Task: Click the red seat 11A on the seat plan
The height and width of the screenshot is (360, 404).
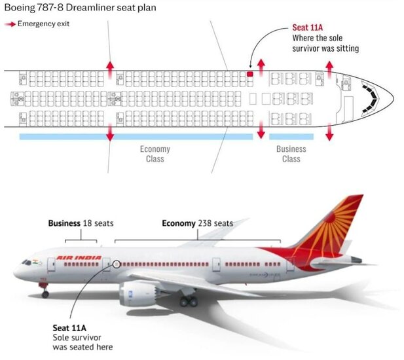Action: (x=249, y=75)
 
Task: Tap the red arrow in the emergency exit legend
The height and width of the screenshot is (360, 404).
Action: (x=10, y=24)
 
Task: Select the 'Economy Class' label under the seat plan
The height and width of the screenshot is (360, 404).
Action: (x=155, y=154)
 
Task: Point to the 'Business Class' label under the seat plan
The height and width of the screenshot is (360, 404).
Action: (x=291, y=154)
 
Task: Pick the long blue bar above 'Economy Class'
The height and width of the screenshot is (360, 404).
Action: (x=136, y=137)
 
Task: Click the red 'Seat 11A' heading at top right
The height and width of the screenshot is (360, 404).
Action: (x=308, y=29)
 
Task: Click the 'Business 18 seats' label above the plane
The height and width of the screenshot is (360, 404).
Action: (x=81, y=223)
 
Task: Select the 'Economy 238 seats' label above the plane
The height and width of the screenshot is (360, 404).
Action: (x=197, y=223)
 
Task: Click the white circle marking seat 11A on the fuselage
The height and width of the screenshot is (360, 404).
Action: (x=116, y=264)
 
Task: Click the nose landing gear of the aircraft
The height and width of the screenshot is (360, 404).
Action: (x=45, y=292)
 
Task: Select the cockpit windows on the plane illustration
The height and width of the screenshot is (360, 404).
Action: (x=27, y=262)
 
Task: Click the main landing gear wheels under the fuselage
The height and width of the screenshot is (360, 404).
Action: (x=188, y=301)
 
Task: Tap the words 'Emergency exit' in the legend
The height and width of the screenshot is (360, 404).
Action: (x=43, y=24)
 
